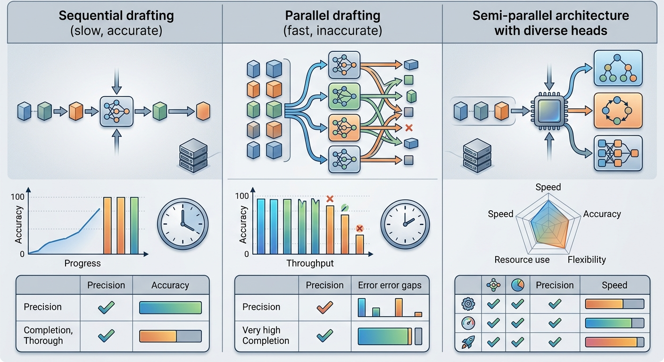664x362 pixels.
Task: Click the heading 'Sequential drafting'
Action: point(116,16)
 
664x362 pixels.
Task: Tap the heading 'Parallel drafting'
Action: point(332,16)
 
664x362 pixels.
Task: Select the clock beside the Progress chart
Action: point(183,224)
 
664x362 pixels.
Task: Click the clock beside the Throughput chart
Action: point(405,224)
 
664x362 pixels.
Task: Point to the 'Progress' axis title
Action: point(83,263)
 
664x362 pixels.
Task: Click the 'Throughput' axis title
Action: point(310,263)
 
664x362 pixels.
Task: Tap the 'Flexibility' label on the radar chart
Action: point(587,260)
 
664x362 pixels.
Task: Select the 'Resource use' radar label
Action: point(522,260)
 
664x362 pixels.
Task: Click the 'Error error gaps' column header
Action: point(390,285)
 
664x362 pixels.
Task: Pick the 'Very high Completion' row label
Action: point(266,335)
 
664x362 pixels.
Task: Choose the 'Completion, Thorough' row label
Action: point(48,335)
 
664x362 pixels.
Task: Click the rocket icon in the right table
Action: point(468,342)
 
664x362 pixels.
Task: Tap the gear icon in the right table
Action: point(468,304)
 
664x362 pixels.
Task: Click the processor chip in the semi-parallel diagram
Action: point(549,111)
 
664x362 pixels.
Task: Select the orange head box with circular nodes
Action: point(618,110)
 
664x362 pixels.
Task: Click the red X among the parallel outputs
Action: point(409,128)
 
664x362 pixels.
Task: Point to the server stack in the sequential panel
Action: point(193,156)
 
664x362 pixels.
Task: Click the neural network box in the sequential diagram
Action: point(116,111)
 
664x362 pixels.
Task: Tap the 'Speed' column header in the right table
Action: point(614,285)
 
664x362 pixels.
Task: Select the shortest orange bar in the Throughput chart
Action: point(359,244)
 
